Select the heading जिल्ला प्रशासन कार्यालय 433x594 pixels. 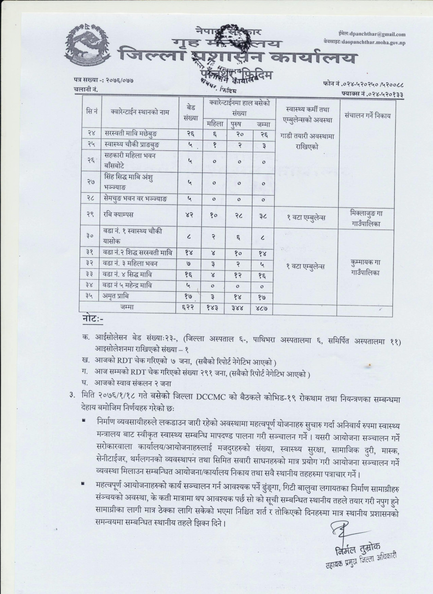pos(237,58)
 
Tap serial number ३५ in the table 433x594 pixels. pos(91,296)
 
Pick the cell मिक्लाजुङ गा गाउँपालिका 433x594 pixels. pos(367,217)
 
